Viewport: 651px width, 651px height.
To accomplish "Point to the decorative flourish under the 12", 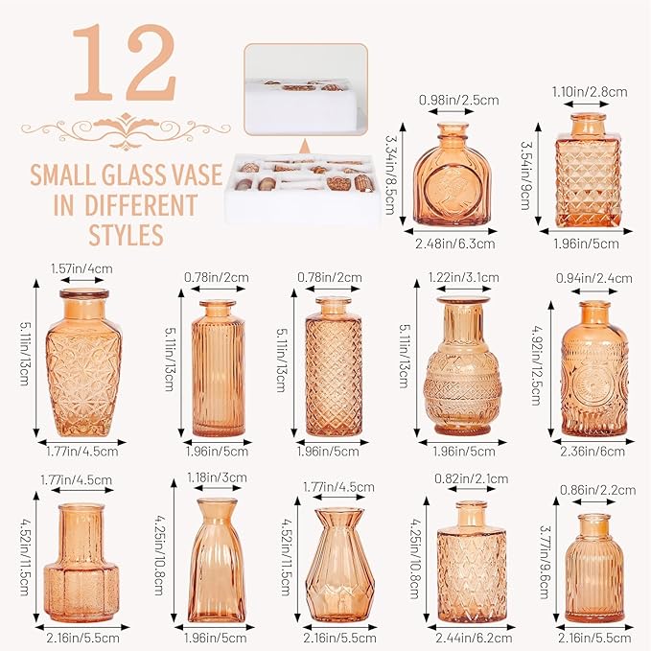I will (126, 127).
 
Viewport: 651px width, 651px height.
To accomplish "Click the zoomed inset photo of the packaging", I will (305, 90).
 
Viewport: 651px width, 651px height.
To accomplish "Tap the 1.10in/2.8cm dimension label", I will (590, 92).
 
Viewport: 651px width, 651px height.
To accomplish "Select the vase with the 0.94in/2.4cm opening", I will (594, 369).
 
